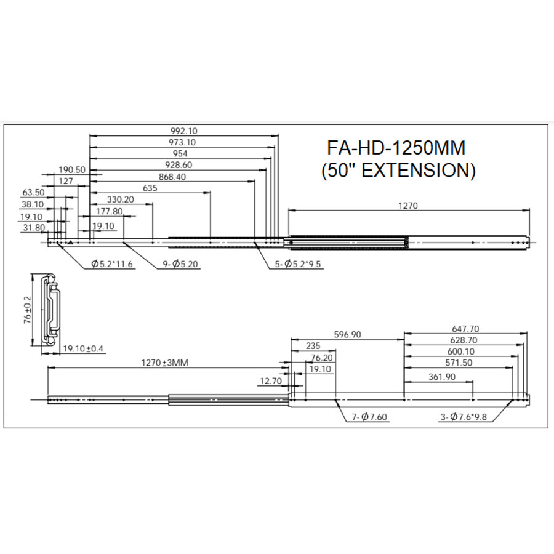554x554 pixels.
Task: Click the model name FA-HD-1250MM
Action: [396, 148]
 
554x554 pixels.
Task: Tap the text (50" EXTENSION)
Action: [398, 171]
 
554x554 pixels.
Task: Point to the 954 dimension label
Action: [180, 153]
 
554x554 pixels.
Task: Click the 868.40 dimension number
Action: [172, 176]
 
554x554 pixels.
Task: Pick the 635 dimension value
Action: [149, 188]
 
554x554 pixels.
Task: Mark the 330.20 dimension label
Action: [121, 199]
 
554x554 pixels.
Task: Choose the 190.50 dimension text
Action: [72, 169]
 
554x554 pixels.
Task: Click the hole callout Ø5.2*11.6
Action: [112, 264]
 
